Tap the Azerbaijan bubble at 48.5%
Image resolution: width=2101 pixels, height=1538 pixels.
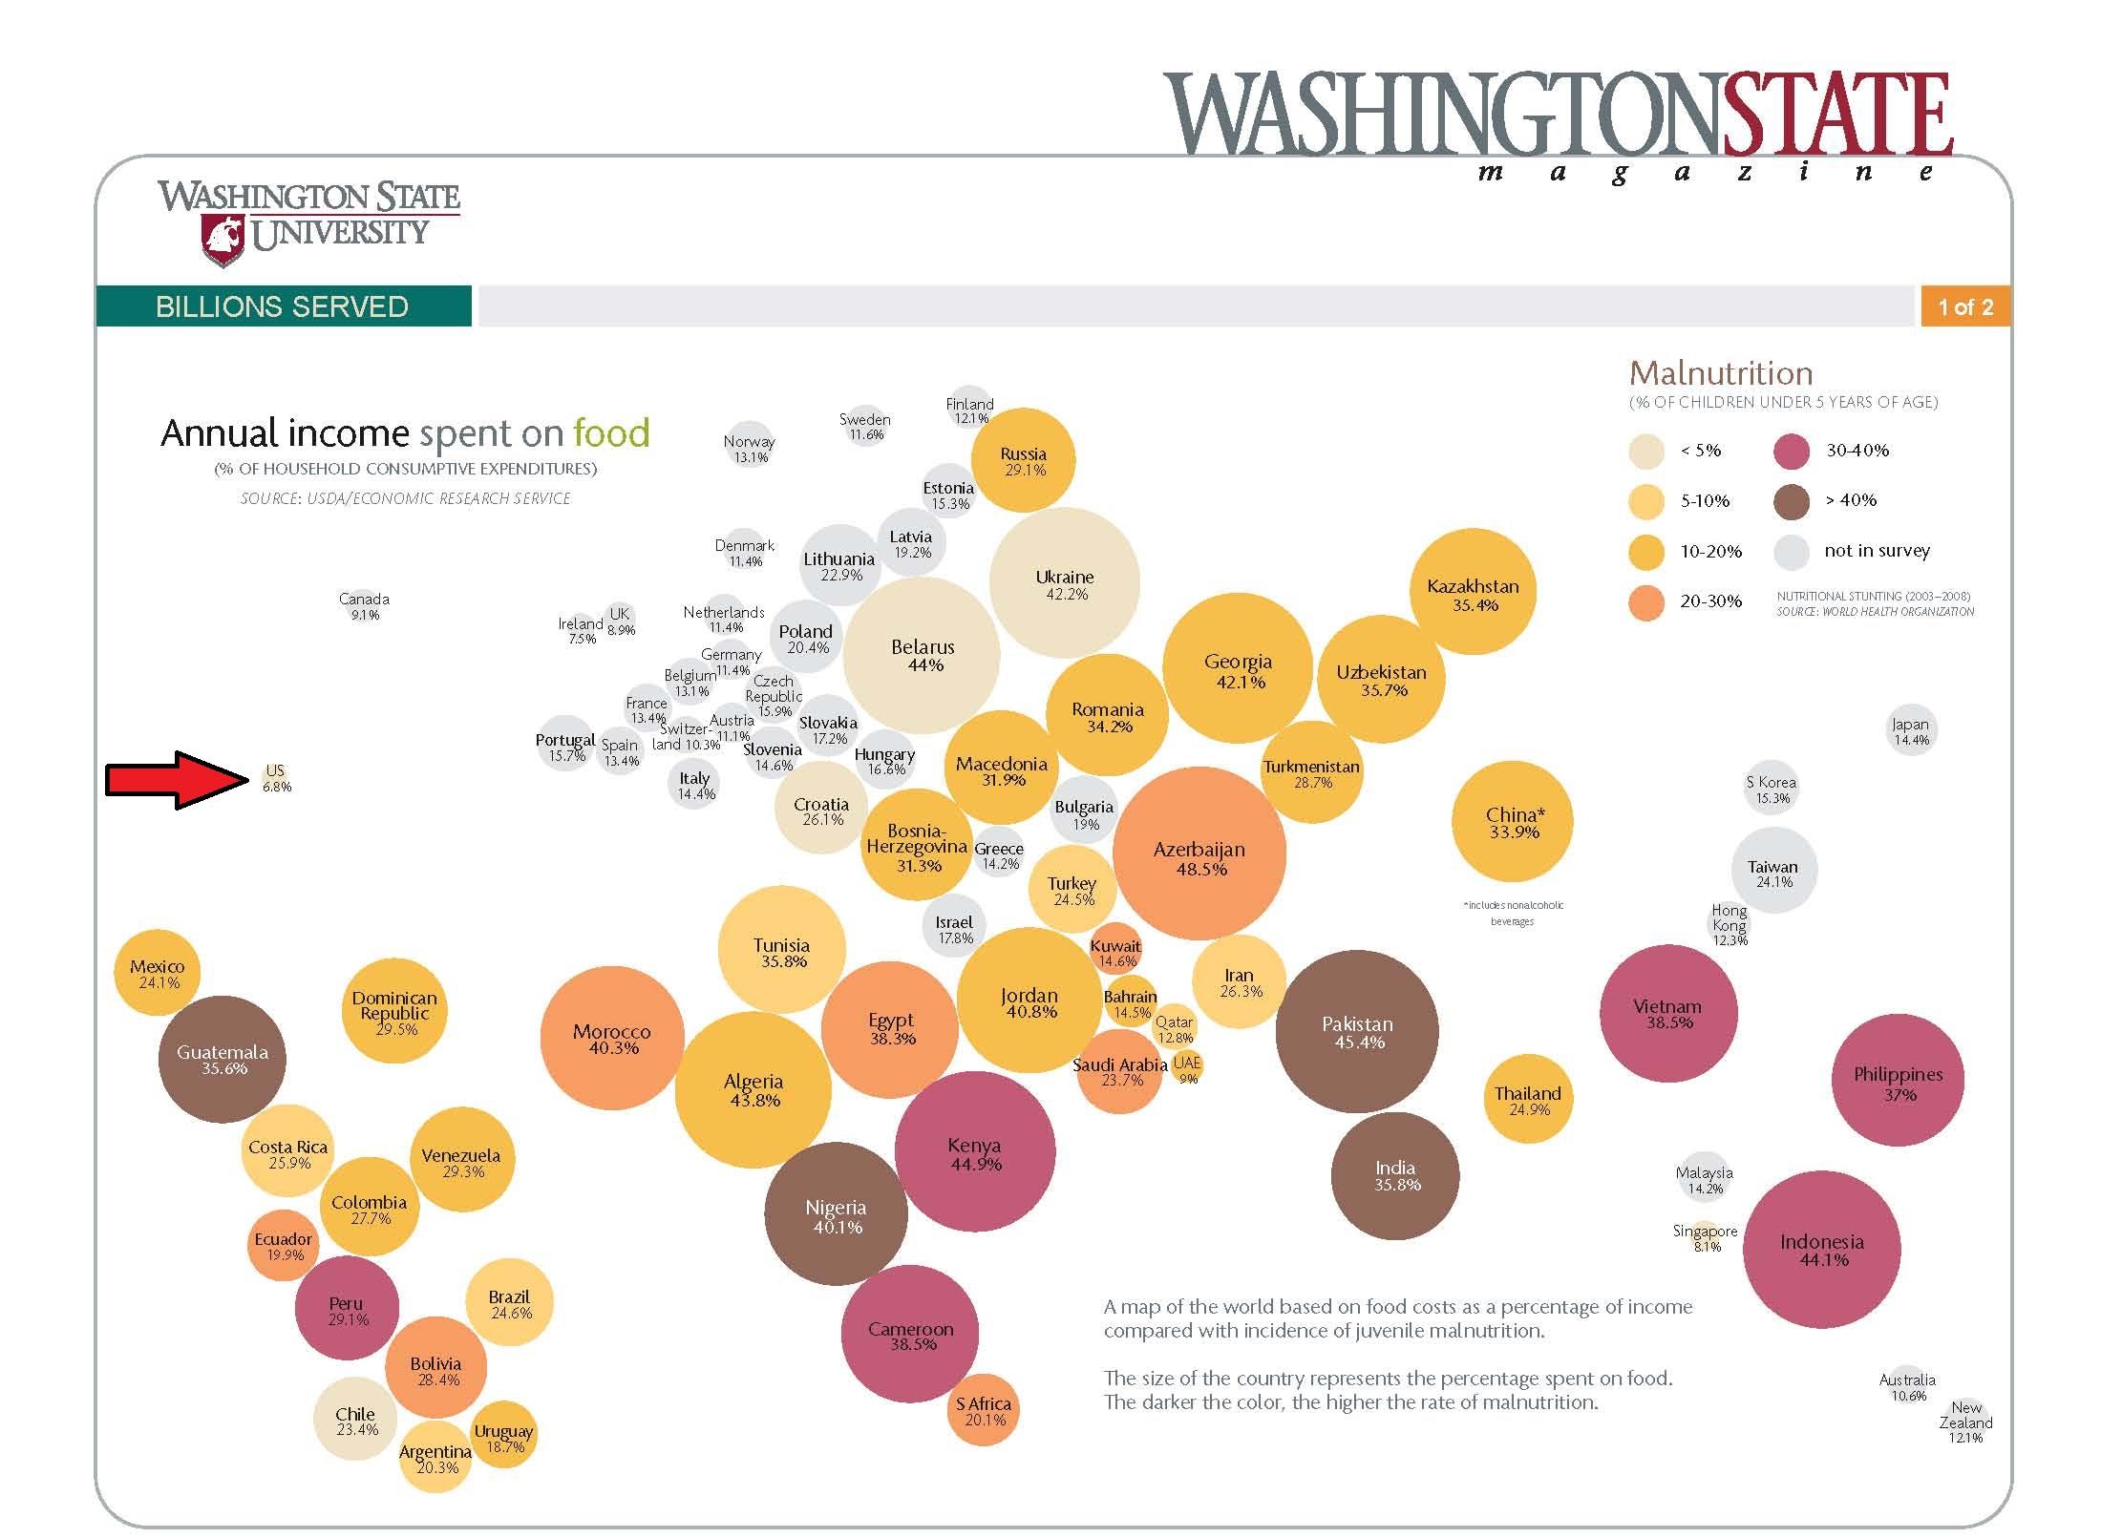pos(1199,853)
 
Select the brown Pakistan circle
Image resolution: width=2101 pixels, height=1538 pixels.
pos(1357,1031)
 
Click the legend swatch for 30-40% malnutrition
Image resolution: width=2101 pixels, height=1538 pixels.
pos(1792,451)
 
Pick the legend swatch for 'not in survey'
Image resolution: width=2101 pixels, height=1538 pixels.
pos(1792,552)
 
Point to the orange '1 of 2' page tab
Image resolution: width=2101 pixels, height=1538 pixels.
pos(1964,306)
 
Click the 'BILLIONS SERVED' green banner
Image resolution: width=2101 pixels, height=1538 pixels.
pos(283,306)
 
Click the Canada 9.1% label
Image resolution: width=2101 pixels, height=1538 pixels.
pos(364,606)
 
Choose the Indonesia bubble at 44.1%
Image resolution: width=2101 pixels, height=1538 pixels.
pos(1821,1249)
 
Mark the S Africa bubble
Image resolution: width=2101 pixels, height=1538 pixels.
pos(983,1410)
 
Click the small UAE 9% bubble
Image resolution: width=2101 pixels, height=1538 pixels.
pos(1187,1068)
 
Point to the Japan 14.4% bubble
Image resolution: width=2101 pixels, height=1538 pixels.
pos(1911,731)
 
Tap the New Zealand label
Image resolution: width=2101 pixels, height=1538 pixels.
pos(1965,1422)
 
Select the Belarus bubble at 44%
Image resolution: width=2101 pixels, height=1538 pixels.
pos(922,655)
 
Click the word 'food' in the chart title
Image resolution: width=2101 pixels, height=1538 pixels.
pos(611,433)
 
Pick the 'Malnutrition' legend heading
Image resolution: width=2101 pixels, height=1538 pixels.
pos(1721,372)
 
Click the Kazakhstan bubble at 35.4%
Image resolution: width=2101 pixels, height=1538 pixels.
pos(1473,592)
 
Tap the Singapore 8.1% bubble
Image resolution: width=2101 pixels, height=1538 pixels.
pos(1707,1238)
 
